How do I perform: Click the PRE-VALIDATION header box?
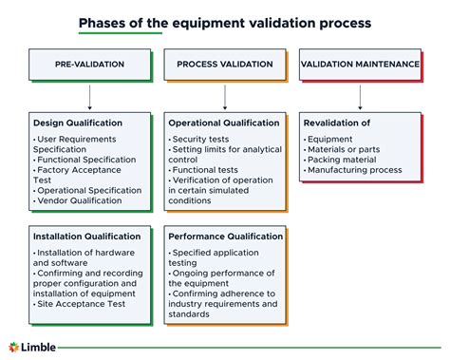point(89,65)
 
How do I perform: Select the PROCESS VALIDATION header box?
point(225,65)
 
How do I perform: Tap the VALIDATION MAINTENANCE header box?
point(360,65)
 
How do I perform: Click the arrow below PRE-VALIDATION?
point(89,97)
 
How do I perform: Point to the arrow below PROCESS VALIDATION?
point(225,97)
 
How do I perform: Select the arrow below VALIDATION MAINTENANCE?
point(360,97)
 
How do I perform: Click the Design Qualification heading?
point(78,123)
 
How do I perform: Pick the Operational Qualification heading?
point(224,123)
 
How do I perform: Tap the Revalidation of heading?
point(337,123)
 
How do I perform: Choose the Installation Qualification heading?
point(84,237)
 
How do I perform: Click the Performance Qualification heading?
point(226,237)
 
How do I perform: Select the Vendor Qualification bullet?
point(89,202)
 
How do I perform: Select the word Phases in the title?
point(103,21)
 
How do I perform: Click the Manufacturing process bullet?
point(353,170)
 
